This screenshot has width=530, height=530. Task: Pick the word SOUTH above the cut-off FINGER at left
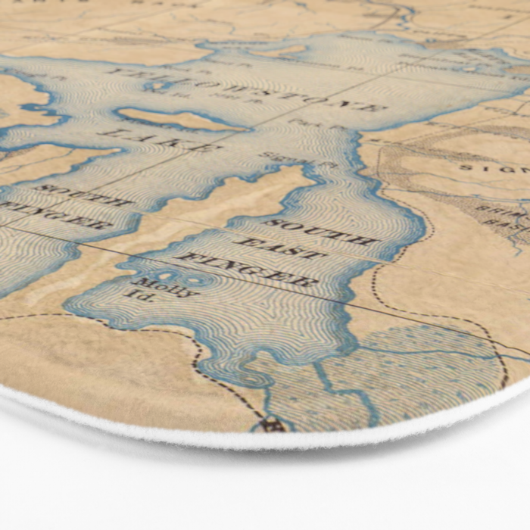pos(83,195)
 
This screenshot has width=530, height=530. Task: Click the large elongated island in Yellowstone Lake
pos(178,120)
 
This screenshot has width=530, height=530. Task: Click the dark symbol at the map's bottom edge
pos(275,425)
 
